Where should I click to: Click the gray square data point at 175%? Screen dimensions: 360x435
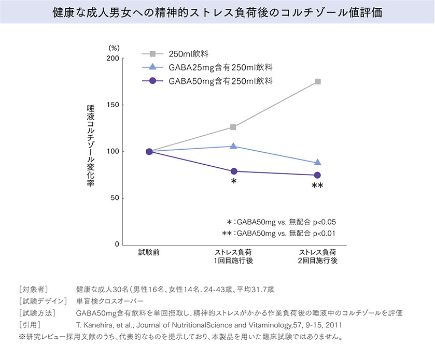318,81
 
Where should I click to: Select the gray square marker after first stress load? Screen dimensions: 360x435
233,127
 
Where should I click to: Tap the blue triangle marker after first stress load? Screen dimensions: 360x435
233,146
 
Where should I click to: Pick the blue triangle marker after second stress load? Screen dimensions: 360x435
318,163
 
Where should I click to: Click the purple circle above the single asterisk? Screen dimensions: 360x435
233,171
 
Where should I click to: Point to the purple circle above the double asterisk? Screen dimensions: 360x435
318,175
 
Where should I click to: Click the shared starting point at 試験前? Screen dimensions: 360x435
149,151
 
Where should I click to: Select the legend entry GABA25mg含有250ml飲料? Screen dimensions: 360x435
220,67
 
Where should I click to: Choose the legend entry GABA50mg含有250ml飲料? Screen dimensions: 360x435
220,81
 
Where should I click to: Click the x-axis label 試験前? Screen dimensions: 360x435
149,252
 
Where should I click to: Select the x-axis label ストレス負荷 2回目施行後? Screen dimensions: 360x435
318,256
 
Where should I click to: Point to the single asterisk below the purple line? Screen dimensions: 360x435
234,182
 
